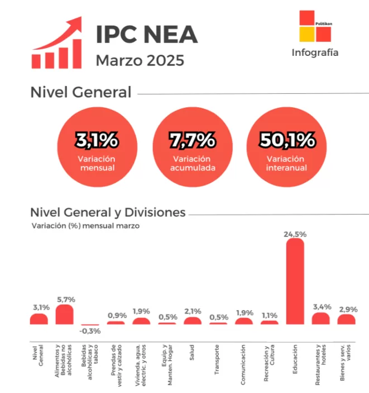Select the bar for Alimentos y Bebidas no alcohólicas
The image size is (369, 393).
tap(64, 315)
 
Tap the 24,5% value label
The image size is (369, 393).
tap(295, 235)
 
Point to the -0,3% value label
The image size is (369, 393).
tap(90, 331)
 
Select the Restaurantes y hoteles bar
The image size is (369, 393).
tap(320, 319)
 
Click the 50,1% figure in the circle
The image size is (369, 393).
tap(286, 140)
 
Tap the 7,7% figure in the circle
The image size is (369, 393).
tap(192, 140)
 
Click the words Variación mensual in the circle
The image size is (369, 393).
tap(97, 163)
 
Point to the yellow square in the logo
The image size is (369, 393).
tap(307, 34)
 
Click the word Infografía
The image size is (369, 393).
tap(315, 53)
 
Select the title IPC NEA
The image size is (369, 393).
tap(146, 35)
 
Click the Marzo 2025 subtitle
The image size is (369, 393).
tap(140, 60)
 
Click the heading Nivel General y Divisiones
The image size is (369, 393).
tap(108, 213)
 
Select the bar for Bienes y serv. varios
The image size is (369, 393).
tap(346, 319)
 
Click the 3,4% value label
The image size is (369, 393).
tap(322, 307)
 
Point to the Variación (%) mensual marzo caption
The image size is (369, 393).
tap(85, 226)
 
